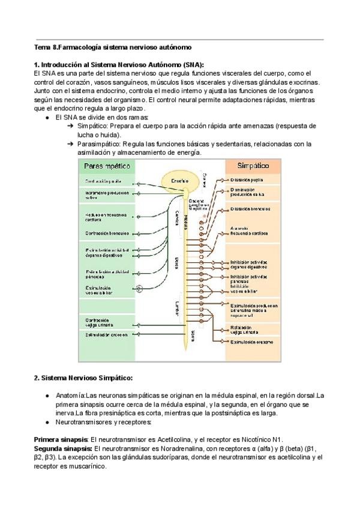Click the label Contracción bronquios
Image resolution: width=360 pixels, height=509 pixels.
(103, 233)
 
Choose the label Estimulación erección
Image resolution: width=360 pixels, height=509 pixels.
(106, 334)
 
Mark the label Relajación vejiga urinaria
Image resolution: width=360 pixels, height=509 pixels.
(244, 330)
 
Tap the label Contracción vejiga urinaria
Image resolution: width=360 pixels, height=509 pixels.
(98, 322)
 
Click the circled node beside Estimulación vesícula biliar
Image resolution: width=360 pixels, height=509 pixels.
(140, 289)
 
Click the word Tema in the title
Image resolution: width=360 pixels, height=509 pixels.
(42, 47)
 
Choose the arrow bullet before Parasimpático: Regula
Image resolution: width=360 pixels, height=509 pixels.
(70, 144)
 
